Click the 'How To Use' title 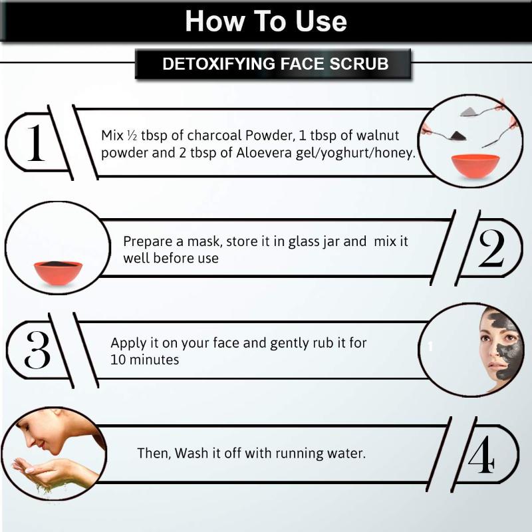[x=266, y=21]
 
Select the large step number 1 [x=36, y=142]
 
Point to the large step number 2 [x=491, y=248]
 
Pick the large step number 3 [x=37, y=350]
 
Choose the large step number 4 [x=481, y=454]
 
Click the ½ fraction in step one [x=132, y=136]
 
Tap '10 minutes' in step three [x=144, y=360]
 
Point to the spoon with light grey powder [x=481, y=110]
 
